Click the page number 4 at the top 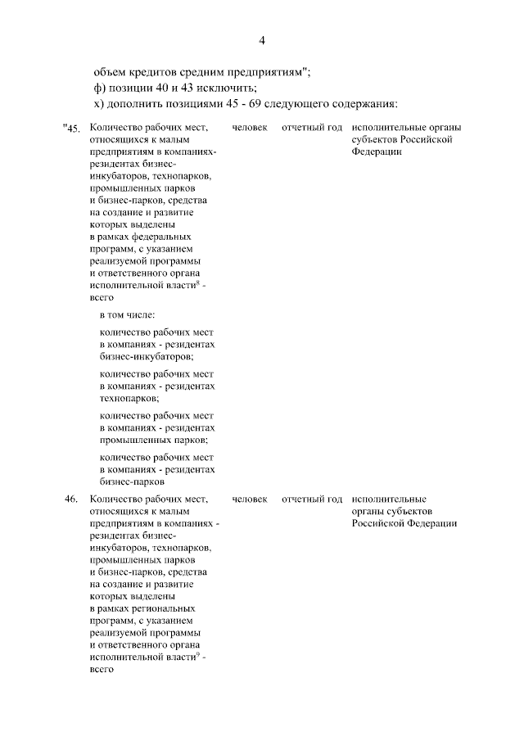(x=262, y=40)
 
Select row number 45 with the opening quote (x=72, y=129)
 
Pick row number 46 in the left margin (x=72, y=499)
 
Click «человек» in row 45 (x=250, y=129)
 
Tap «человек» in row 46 (x=250, y=499)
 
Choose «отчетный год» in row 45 (x=311, y=129)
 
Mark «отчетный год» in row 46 (x=311, y=499)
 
